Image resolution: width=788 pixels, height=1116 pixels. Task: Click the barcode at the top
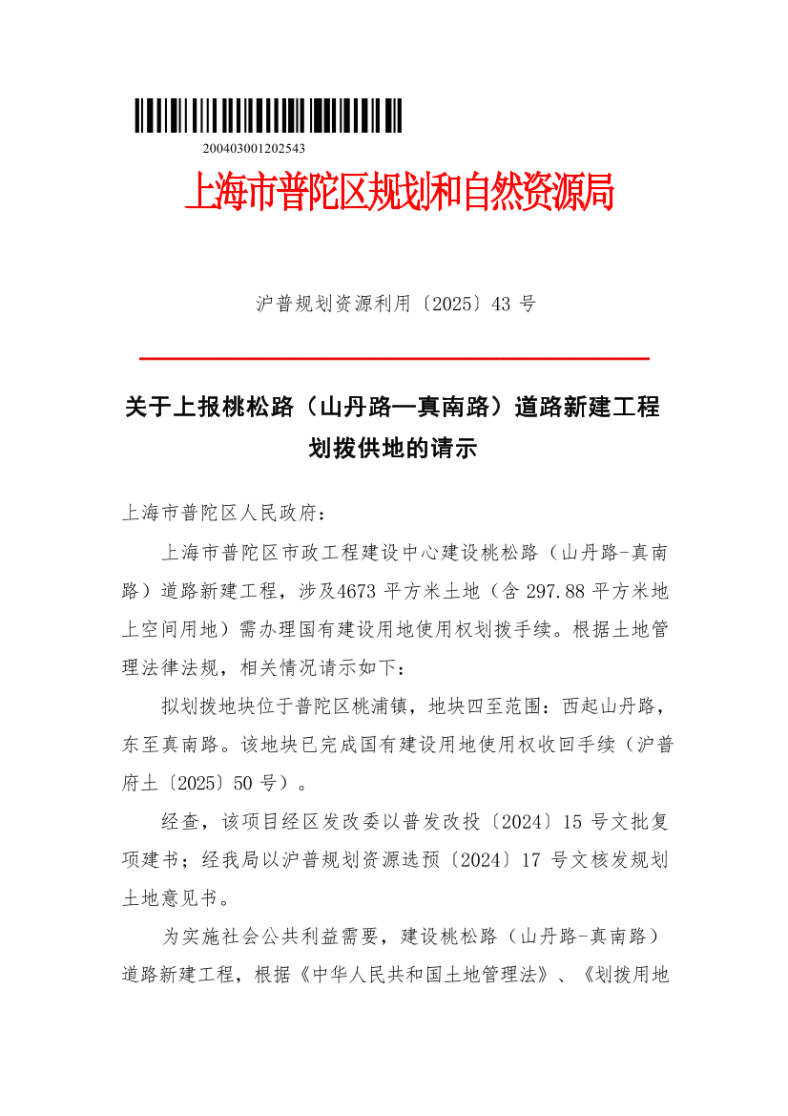tap(268, 116)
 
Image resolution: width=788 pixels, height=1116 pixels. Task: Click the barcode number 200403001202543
tap(254, 148)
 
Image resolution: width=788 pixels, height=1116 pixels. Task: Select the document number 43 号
tap(512, 305)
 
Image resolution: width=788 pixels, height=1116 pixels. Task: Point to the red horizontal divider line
tap(394, 358)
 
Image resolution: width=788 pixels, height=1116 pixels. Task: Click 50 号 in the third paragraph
tap(268, 784)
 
